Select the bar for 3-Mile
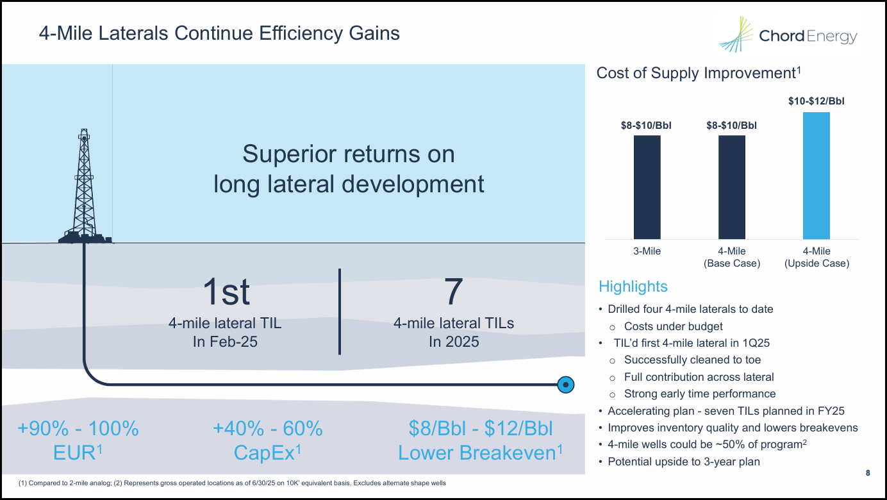point(647,187)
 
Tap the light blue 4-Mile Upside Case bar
point(816,176)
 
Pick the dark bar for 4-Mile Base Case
point(731,187)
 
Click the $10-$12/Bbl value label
point(816,101)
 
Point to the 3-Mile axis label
point(647,251)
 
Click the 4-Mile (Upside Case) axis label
point(817,257)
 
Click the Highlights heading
point(633,287)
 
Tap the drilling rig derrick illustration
point(84,186)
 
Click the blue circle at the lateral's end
point(565,385)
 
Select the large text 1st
point(226,293)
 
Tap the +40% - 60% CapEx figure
point(268,440)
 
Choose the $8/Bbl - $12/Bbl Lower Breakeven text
point(481,440)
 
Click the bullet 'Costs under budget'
point(673,326)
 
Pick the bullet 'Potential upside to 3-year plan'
point(683,462)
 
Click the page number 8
point(868,473)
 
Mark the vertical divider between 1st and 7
point(339,312)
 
